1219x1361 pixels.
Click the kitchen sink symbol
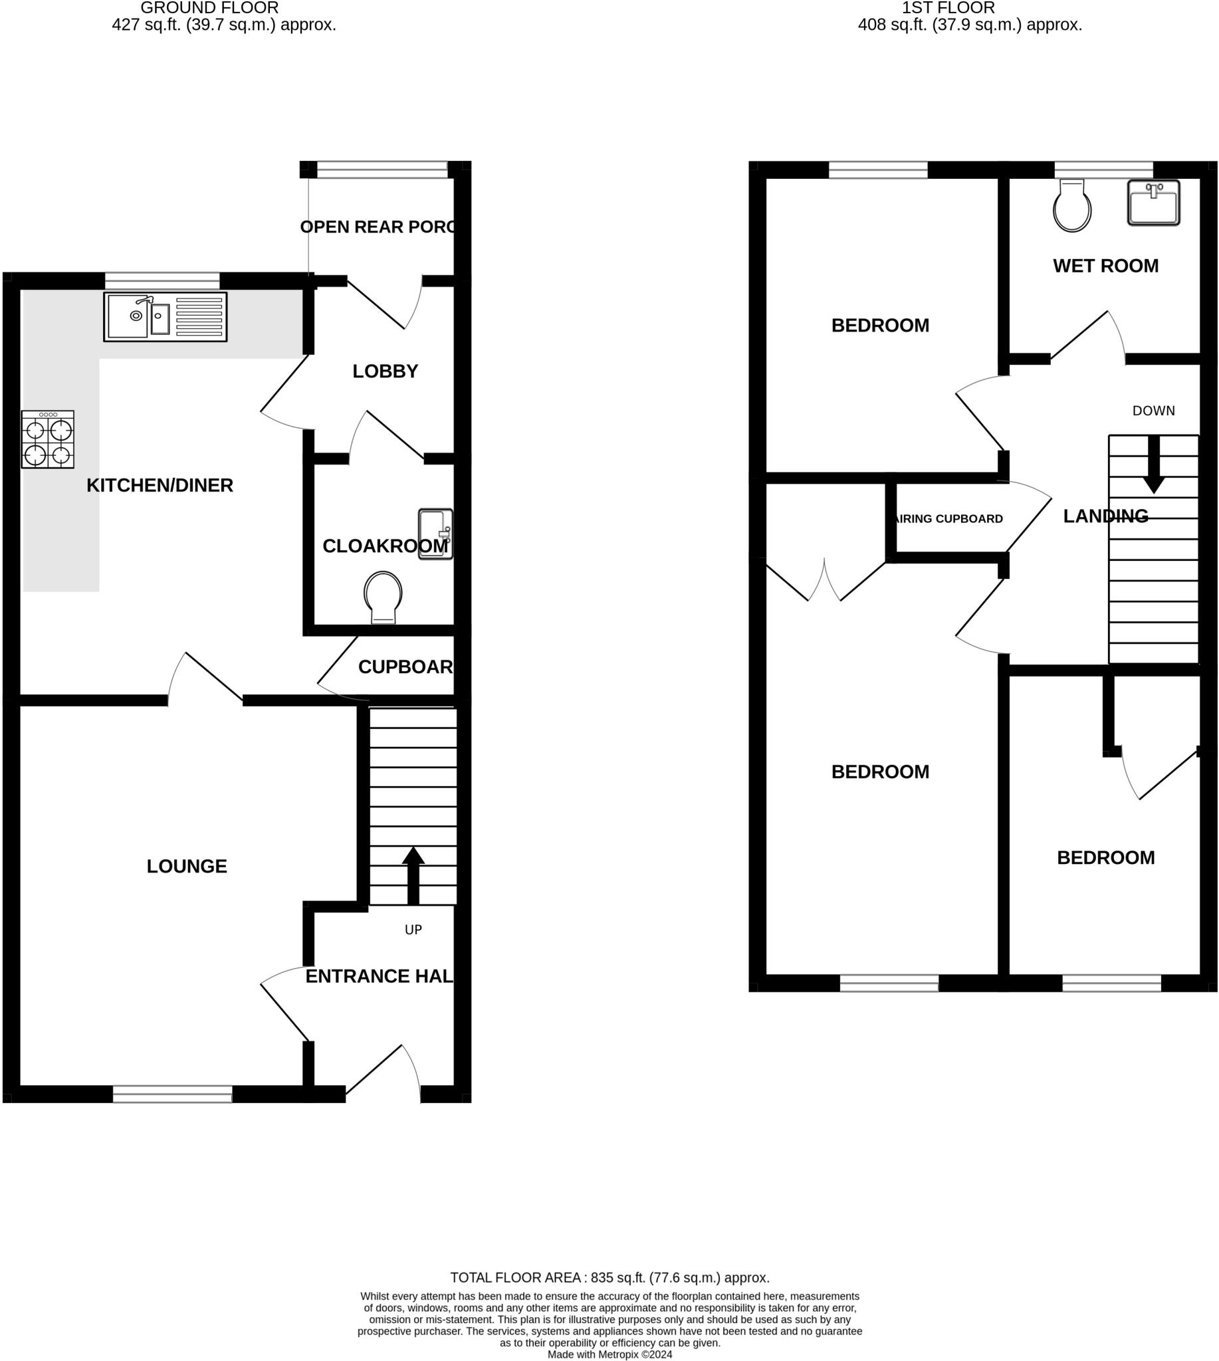point(165,317)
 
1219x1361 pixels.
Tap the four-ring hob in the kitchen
point(48,439)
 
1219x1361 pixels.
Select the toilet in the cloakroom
point(383,597)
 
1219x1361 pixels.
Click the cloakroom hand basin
point(435,534)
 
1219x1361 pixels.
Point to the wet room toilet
point(1072,205)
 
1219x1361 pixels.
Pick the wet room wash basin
point(1153,202)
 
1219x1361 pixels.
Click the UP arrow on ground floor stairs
point(413,875)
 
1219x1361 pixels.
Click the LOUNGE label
point(187,867)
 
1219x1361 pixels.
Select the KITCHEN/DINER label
point(160,486)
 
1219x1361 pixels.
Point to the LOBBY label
point(385,371)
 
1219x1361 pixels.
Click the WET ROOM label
point(1106,266)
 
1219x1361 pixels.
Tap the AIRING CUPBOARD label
point(950,519)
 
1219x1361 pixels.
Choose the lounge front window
point(172,1095)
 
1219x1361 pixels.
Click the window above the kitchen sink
point(162,280)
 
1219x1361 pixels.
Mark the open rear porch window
point(382,169)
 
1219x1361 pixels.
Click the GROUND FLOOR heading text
point(209,8)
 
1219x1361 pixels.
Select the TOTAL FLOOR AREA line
point(609,1278)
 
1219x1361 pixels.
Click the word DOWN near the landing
point(1153,411)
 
